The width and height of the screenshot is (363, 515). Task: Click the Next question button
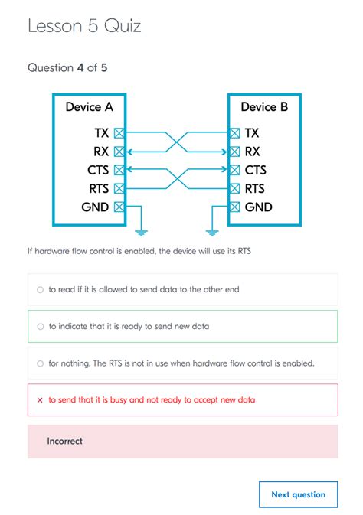[x=298, y=494]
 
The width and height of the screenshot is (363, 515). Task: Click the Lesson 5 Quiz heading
[x=84, y=26]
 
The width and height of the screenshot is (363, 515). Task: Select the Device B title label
[x=264, y=107]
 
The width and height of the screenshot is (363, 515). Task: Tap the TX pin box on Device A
[x=119, y=132]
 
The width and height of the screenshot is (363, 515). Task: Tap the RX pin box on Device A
[x=119, y=152]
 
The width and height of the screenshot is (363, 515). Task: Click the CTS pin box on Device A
[x=119, y=170]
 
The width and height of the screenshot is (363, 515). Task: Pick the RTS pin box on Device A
[x=119, y=188]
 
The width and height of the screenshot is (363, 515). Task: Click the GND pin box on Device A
[x=119, y=207]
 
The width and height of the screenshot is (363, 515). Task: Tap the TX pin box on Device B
[x=235, y=132]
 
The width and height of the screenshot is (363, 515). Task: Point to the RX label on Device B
[x=253, y=152]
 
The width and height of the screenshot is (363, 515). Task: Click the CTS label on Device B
[x=256, y=170]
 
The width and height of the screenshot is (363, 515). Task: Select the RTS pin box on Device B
[x=235, y=188]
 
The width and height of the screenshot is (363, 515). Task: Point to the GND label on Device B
[x=258, y=207]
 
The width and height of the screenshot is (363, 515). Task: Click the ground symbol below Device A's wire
[x=139, y=231]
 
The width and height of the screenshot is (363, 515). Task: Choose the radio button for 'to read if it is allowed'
[x=40, y=290]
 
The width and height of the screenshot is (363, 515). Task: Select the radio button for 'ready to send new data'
[x=40, y=326]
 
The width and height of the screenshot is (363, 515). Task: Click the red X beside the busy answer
[x=40, y=399]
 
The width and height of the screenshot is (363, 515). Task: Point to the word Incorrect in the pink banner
[x=64, y=441]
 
